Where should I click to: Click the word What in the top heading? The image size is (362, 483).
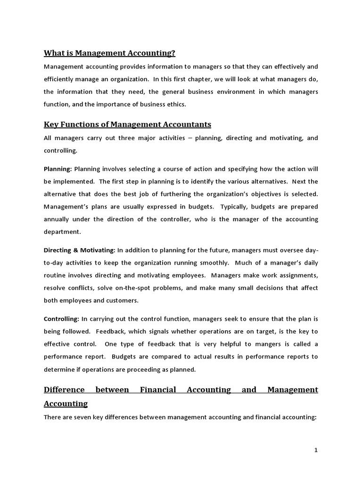pyautogui.click(x=54, y=53)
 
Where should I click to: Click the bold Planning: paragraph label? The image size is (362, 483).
pyautogui.click(x=58, y=168)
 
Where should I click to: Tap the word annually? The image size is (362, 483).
pyautogui.click(x=58, y=219)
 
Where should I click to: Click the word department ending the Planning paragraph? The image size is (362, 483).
pyautogui.click(x=62, y=232)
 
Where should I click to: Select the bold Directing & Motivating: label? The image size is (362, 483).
pyautogui.click(x=79, y=250)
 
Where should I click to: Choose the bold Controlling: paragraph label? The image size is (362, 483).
pyautogui.click(x=61, y=318)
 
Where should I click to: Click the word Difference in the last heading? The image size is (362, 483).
pyautogui.click(x=64, y=390)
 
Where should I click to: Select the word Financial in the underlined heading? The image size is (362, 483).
pyautogui.click(x=158, y=390)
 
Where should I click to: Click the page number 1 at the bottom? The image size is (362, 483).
pyautogui.click(x=316, y=450)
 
